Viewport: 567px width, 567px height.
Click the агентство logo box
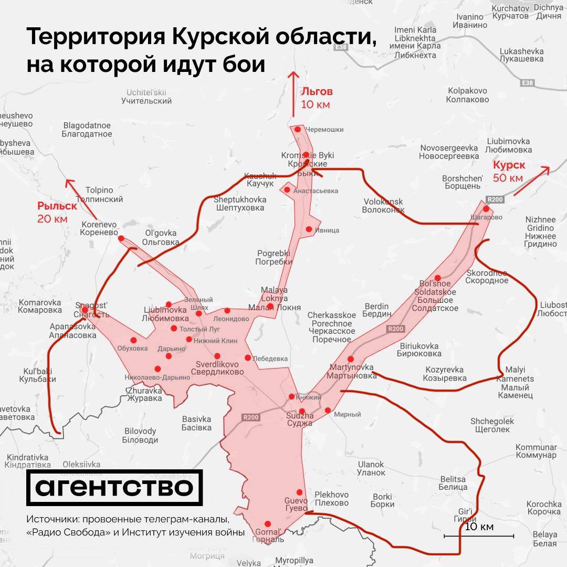pyautogui.click(x=114, y=488)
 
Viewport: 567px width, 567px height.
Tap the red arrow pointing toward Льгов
pyautogui.click(x=293, y=94)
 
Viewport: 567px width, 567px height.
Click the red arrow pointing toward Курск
pyautogui.click(x=531, y=181)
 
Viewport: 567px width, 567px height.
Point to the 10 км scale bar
pyautogui.click(x=479, y=535)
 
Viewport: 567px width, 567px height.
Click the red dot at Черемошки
pyautogui.click(x=298, y=129)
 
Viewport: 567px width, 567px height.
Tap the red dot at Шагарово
pyautogui.click(x=486, y=208)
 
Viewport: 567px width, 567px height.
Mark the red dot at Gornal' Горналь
pyautogui.click(x=268, y=523)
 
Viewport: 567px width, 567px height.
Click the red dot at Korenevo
pyautogui.click(x=121, y=238)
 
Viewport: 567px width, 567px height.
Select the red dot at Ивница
pyautogui.click(x=309, y=229)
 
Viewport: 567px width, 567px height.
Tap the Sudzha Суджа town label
pyautogui.click(x=300, y=419)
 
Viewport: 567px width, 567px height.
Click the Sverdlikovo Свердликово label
pyautogui.click(x=220, y=368)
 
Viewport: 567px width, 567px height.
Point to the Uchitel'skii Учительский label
pyautogui.click(x=146, y=97)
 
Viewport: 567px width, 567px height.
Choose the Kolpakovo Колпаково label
pyautogui.click(x=468, y=95)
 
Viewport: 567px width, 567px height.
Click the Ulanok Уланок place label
pyautogui.click(x=371, y=468)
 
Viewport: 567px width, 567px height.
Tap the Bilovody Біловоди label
pyautogui.click(x=140, y=436)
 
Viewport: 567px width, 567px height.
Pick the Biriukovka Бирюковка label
pyautogui.click(x=419, y=350)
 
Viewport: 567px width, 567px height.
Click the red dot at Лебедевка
pyautogui.click(x=248, y=358)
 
